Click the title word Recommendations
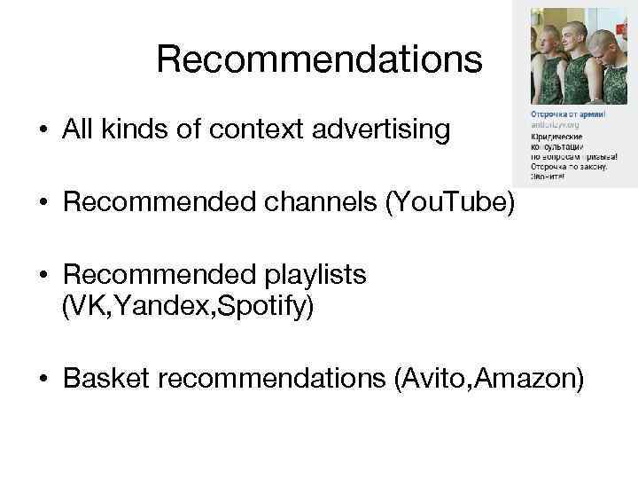tap(319, 60)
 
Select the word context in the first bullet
tap(265, 130)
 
